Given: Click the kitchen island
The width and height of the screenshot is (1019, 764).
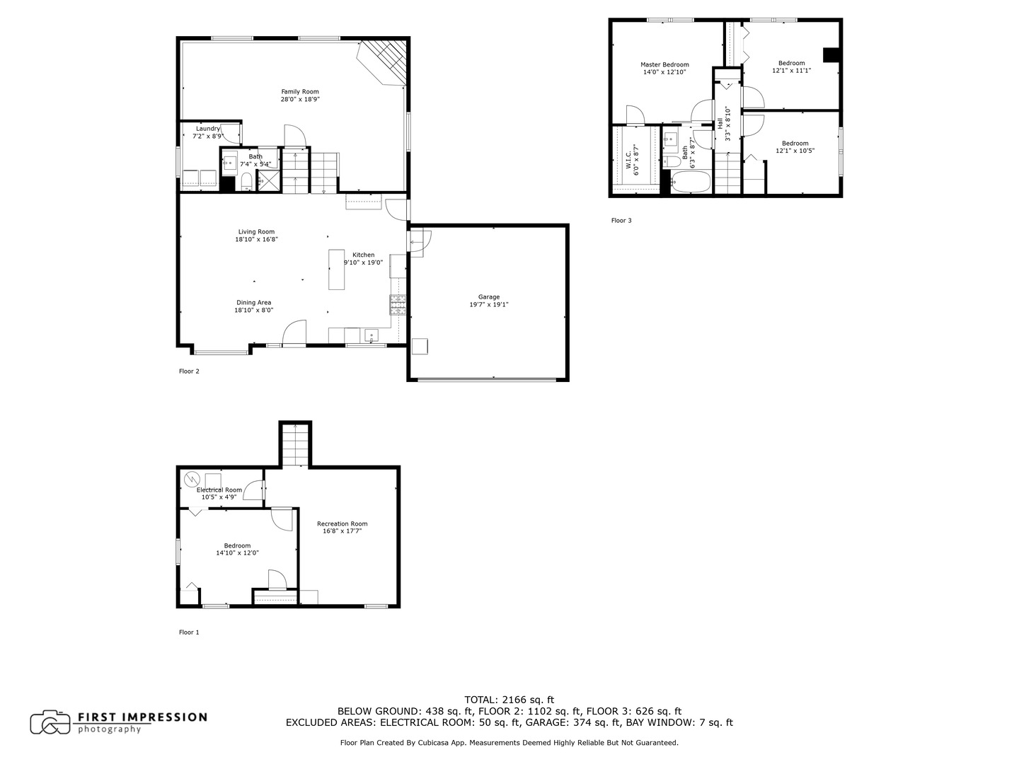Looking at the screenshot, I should [x=337, y=270].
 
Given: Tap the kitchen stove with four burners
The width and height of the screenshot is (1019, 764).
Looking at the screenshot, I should [x=398, y=304].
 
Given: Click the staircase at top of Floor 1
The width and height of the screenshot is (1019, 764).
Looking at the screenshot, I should [x=296, y=444].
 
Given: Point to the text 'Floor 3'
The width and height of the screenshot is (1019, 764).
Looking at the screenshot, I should [x=621, y=221].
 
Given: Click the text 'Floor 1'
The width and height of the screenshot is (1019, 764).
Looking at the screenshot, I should [x=189, y=632].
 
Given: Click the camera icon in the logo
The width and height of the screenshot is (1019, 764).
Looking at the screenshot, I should [x=50, y=722].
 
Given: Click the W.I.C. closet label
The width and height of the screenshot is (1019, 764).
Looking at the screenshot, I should [x=632, y=160].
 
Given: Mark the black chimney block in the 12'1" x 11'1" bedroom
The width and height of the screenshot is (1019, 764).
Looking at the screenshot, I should [x=831, y=56].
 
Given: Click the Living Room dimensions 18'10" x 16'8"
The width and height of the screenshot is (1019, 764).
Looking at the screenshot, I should [x=256, y=240].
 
